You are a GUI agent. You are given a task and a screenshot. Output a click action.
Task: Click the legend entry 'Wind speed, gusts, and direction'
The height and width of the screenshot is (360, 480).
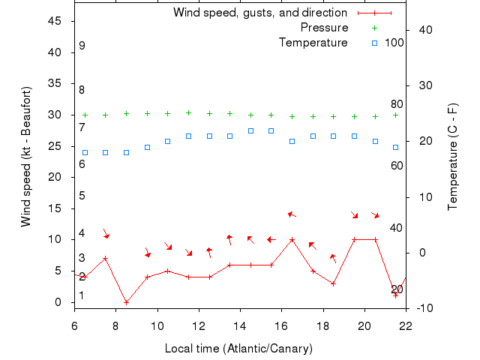pyautogui.click(x=259, y=13)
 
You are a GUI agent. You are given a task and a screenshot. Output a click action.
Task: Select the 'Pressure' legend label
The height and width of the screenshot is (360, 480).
pyautogui.click(x=324, y=28)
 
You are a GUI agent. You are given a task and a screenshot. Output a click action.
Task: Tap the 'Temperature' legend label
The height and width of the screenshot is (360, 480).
pyautogui.click(x=313, y=43)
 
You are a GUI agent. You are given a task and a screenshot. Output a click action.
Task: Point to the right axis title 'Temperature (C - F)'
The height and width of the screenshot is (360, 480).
pyautogui.click(x=453, y=157)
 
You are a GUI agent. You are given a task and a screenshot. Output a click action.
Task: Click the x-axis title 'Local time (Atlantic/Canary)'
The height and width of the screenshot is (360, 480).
pyautogui.click(x=238, y=349)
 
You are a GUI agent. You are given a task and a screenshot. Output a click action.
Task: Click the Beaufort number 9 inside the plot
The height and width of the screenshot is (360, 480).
pyautogui.click(x=82, y=46)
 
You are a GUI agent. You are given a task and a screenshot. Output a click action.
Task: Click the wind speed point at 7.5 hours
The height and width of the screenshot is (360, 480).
pyautogui.click(x=106, y=259)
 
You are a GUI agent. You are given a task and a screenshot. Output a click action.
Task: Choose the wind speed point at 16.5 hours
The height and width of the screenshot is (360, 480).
pyautogui.click(x=292, y=240)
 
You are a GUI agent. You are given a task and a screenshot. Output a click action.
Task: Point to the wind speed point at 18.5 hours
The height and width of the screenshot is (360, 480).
pyautogui.click(x=334, y=283)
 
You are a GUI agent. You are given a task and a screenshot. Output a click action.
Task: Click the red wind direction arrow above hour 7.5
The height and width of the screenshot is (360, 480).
pyautogui.click(x=106, y=234)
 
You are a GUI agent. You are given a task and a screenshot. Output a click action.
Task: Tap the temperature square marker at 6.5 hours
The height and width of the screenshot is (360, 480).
pyautogui.click(x=85, y=152)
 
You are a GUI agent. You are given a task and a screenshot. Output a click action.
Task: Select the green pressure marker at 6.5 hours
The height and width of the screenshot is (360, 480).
pyautogui.click(x=85, y=115)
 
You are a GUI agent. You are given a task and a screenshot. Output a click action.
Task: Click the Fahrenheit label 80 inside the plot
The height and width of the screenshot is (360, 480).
pyautogui.click(x=397, y=104)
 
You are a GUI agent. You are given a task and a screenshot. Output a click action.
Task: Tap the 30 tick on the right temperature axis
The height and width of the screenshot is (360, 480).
pyautogui.click(x=421, y=85)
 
